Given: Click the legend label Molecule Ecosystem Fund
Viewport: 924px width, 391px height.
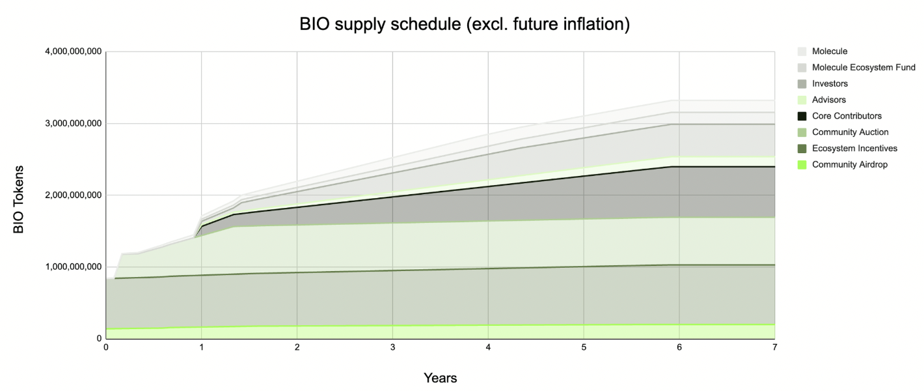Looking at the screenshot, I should click(x=863, y=68).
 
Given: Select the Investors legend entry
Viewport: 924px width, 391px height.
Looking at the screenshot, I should click(x=830, y=84).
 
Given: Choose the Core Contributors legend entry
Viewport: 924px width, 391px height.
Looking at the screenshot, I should click(x=847, y=116).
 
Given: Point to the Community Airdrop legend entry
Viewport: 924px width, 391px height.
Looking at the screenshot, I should click(x=849, y=164).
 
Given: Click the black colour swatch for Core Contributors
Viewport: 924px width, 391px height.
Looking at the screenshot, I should click(x=802, y=116).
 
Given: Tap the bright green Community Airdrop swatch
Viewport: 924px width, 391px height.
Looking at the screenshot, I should click(x=802, y=164).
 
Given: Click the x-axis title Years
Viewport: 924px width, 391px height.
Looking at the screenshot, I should click(x=440, y=378).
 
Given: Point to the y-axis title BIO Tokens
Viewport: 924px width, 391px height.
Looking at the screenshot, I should click(x=19, y=195).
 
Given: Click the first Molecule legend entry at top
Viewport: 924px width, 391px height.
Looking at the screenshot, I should click(x=830, y=51).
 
